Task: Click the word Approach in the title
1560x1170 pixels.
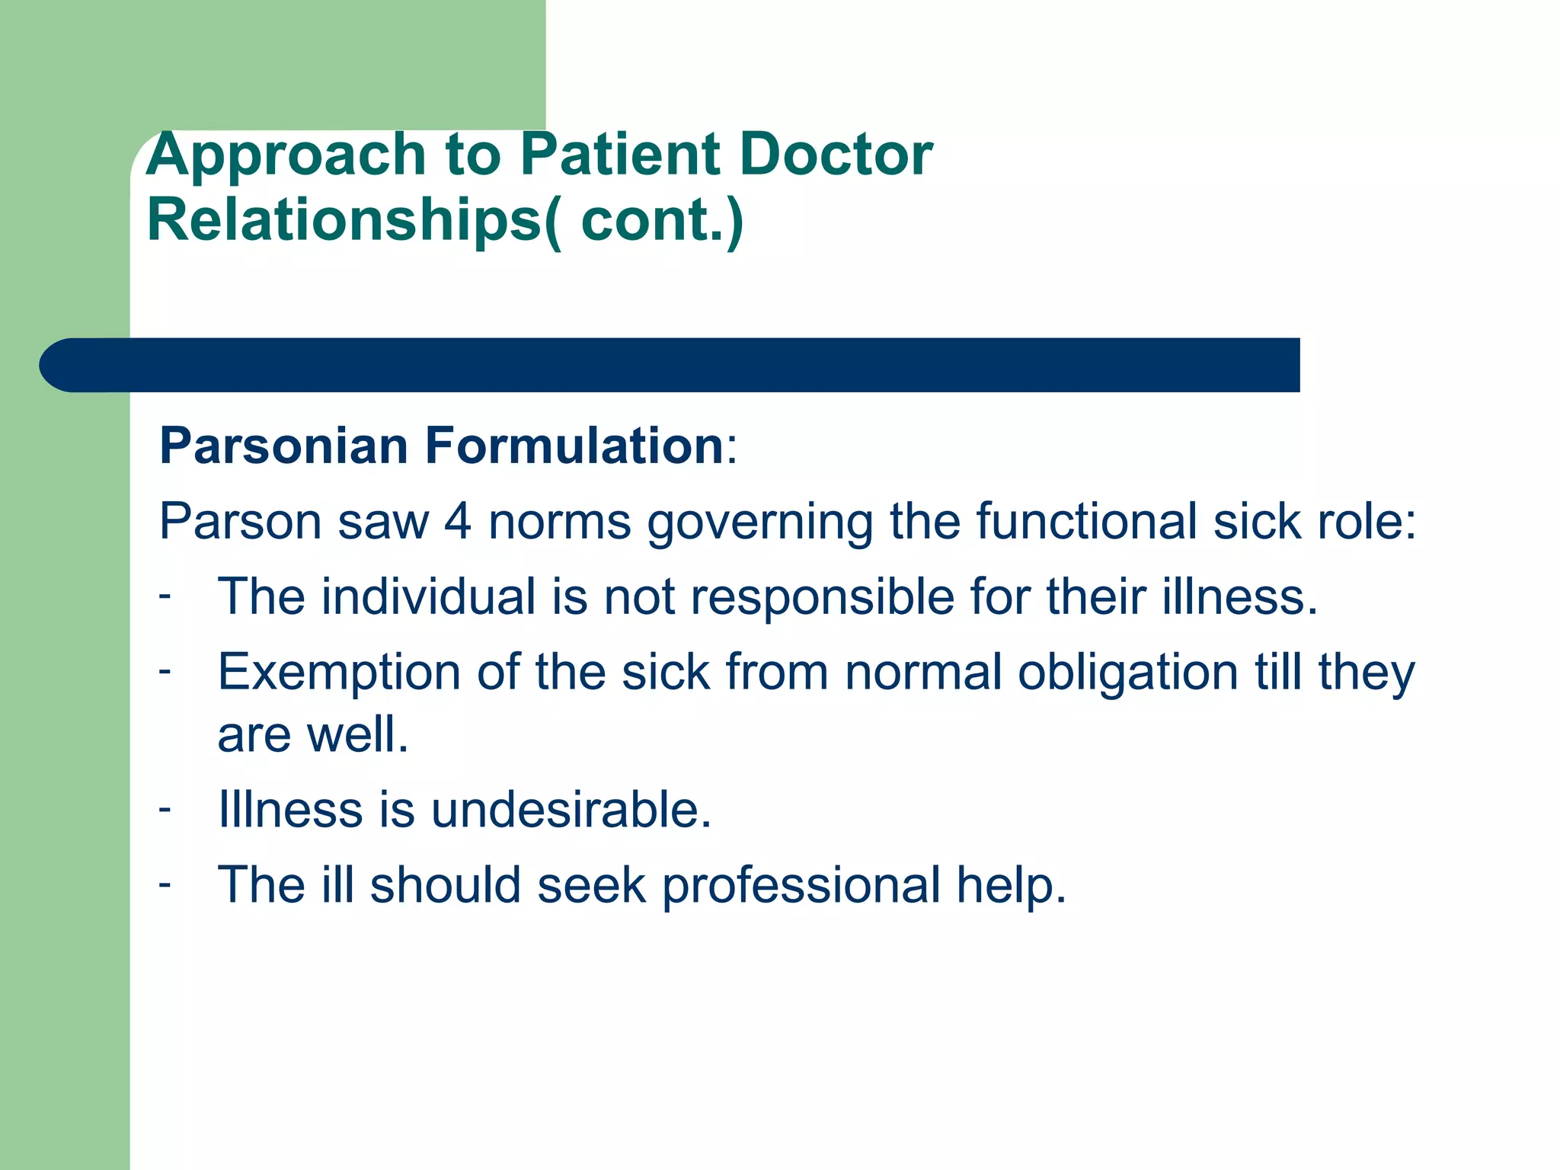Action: [285, 156]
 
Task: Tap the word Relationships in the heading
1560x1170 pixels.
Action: [344, 220]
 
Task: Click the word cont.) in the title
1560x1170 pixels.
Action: [661, 220]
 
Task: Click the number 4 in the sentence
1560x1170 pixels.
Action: [458, 522]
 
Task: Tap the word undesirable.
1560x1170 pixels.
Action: [571, 809]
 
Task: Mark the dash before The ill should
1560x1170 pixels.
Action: [165, 884]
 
